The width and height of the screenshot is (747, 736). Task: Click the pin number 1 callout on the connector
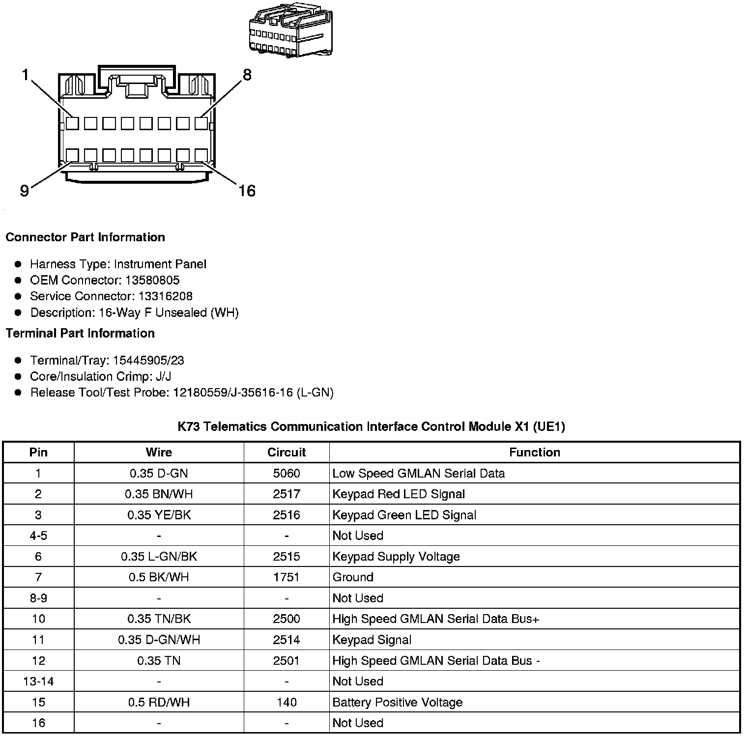pos(25,75)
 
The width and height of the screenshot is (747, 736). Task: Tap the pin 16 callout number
pos(247,191)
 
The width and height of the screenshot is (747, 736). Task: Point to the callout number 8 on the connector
pos(247,75)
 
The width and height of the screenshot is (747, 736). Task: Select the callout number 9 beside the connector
pos(25,191)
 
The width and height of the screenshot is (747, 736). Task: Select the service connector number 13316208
pos(165,296)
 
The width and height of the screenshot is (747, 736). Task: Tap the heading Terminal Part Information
pos(80,333)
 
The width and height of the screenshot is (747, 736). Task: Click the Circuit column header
pos(287,452)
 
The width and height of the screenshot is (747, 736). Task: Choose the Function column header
pos(534,452)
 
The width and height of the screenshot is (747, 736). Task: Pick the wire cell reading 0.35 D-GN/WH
pos(159,640)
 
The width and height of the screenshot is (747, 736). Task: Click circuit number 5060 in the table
pos(287,473)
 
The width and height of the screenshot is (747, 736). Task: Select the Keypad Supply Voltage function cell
pos(396,557)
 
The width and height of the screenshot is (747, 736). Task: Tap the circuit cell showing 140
pos(287,702)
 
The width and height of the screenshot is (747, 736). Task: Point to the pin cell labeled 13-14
pos(38,681)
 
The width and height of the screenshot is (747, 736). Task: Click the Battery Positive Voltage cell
pos(398,702)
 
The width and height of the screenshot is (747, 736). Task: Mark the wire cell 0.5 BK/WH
pos(159,577)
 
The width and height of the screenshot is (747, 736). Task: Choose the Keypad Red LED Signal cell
pos(399,494)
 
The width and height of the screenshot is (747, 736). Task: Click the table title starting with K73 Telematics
pos(371,426)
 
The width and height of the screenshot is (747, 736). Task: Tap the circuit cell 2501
pos(287,661)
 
